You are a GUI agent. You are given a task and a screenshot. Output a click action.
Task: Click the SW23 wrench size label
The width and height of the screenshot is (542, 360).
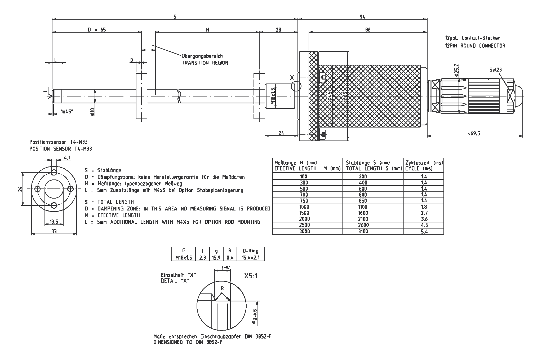pos(495,70)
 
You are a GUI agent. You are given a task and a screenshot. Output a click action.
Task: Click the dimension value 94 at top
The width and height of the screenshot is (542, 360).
pos(362,17)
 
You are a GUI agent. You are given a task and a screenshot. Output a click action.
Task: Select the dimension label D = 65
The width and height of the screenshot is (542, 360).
pos(97,30)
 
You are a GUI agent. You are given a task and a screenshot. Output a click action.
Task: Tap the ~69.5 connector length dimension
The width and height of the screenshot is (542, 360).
pos(474,134)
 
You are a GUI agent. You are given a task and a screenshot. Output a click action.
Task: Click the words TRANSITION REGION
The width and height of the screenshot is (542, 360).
pos(205,63)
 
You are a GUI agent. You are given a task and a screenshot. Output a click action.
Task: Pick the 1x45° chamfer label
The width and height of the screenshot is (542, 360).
pos(67,112)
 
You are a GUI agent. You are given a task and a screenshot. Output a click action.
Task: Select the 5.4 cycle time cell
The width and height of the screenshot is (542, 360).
pos(424,231)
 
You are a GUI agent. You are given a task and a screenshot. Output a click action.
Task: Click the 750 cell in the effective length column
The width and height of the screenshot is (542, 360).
pos(304,201)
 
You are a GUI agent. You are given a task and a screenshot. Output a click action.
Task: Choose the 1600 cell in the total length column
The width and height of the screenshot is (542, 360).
pos(363,213)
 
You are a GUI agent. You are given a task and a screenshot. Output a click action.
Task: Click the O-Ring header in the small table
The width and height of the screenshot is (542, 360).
pos(250,251)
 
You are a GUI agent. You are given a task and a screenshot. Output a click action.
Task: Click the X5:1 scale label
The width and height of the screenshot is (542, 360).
pos(251,276)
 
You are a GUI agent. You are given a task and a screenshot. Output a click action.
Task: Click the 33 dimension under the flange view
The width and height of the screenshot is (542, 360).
pos(54,231)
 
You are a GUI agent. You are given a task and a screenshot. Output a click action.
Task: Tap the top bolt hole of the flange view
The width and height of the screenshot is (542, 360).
pos(54,173)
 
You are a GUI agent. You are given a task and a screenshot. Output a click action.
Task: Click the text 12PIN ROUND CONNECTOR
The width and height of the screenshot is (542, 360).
pos(475,46)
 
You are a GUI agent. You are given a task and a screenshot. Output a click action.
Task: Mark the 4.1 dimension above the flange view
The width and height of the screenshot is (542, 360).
pos(67,158)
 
